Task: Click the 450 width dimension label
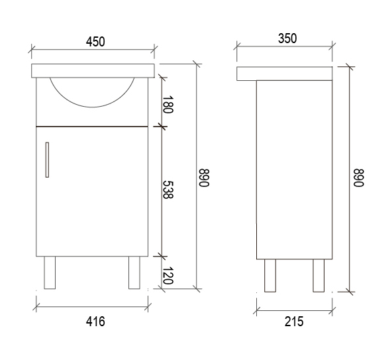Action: pos(95,42)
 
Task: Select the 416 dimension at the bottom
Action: pos(95,322)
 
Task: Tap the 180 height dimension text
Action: pos(168,104)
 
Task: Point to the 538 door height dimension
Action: pos(168,190)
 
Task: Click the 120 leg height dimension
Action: pos(168,275)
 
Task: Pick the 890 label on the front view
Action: pos(204,178)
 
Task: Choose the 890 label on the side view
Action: pos(358,178)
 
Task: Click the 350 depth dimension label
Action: pos(287,38)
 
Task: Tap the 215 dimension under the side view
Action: pos(294,322)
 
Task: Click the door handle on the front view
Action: pos(47,160)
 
